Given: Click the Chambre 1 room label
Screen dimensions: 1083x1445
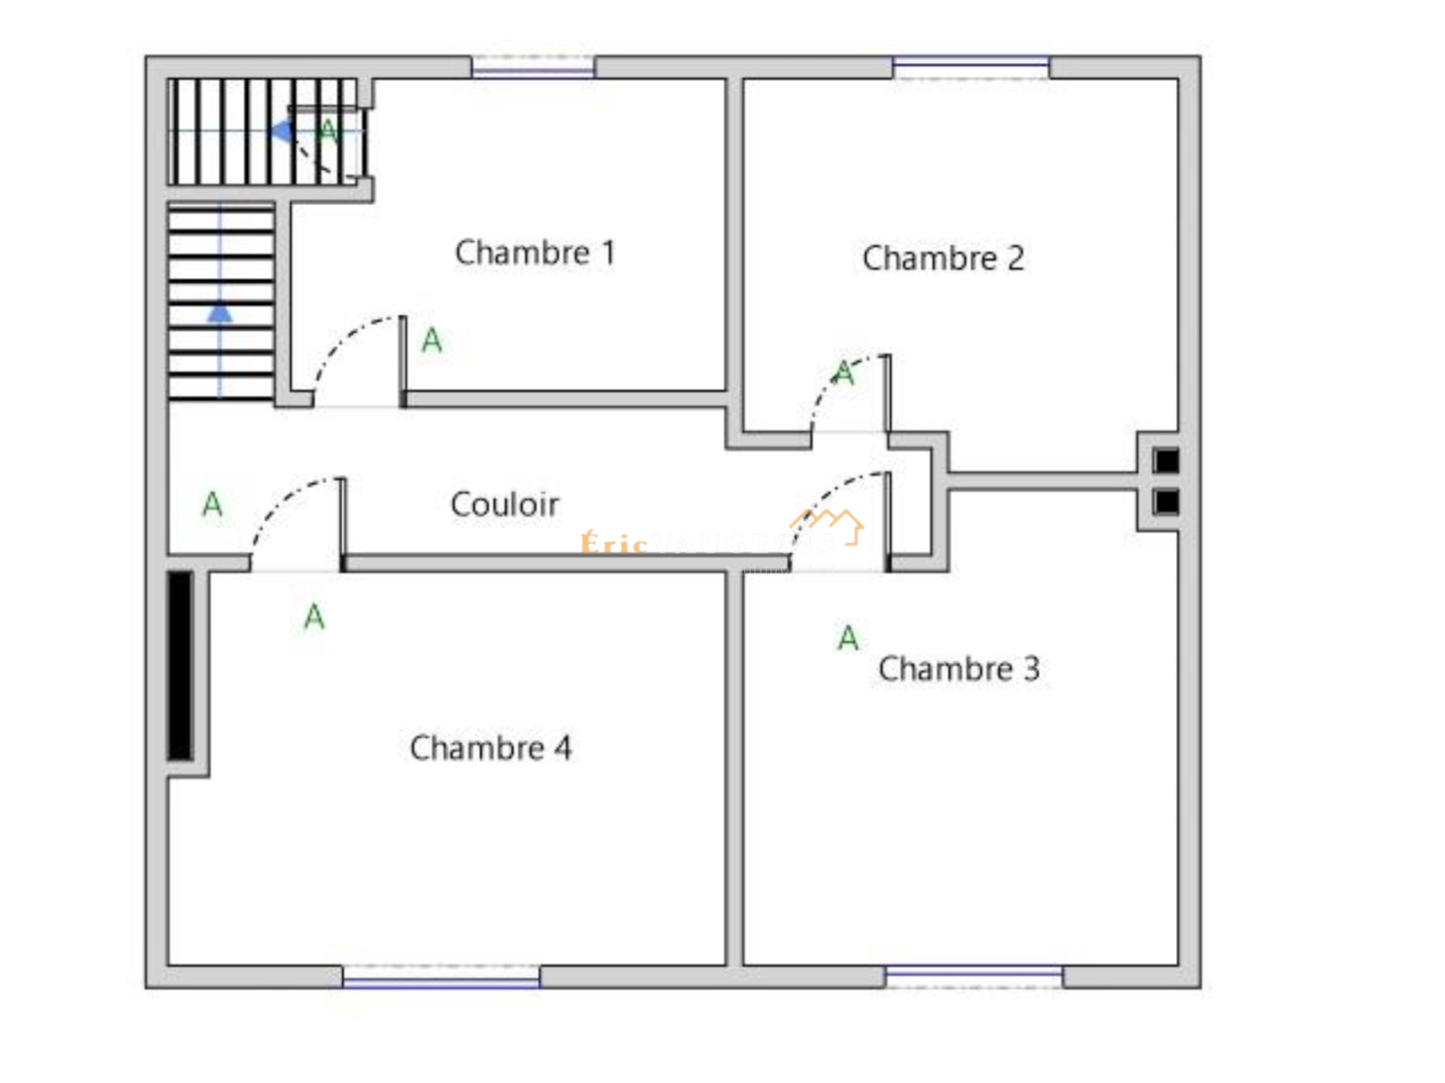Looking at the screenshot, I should click(x=535, y=253).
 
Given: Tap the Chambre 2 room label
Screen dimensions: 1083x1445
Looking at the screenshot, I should click(x=943, y=258).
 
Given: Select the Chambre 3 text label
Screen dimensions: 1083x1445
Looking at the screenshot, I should click(x=958, y=669).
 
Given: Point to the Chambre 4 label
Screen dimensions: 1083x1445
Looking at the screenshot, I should click(x=490, y=748).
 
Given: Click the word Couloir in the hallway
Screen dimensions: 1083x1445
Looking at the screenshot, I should click(x=504, y=504).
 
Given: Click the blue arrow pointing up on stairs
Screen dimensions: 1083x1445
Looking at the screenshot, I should click(x=219, y=313).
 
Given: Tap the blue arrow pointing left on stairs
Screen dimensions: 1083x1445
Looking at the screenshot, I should click(x=282, y=132).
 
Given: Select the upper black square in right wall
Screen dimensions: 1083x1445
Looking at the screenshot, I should click(x=1166, y=461).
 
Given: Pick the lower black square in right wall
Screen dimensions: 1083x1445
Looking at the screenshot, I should click(x=1166, y=501).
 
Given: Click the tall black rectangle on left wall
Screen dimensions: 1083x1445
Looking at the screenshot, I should click(x=181, y=666).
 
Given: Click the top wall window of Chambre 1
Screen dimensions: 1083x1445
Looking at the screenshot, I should click(x=533, y=68).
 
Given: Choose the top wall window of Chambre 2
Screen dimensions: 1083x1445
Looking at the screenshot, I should click(x=971, y=67).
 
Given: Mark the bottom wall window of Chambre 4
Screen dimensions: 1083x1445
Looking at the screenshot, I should click(x=441, y=976).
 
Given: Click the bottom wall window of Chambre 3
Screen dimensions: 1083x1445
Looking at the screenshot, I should click(x=974, y=976).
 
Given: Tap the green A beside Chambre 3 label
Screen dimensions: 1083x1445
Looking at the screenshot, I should click(x=847, y=639).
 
